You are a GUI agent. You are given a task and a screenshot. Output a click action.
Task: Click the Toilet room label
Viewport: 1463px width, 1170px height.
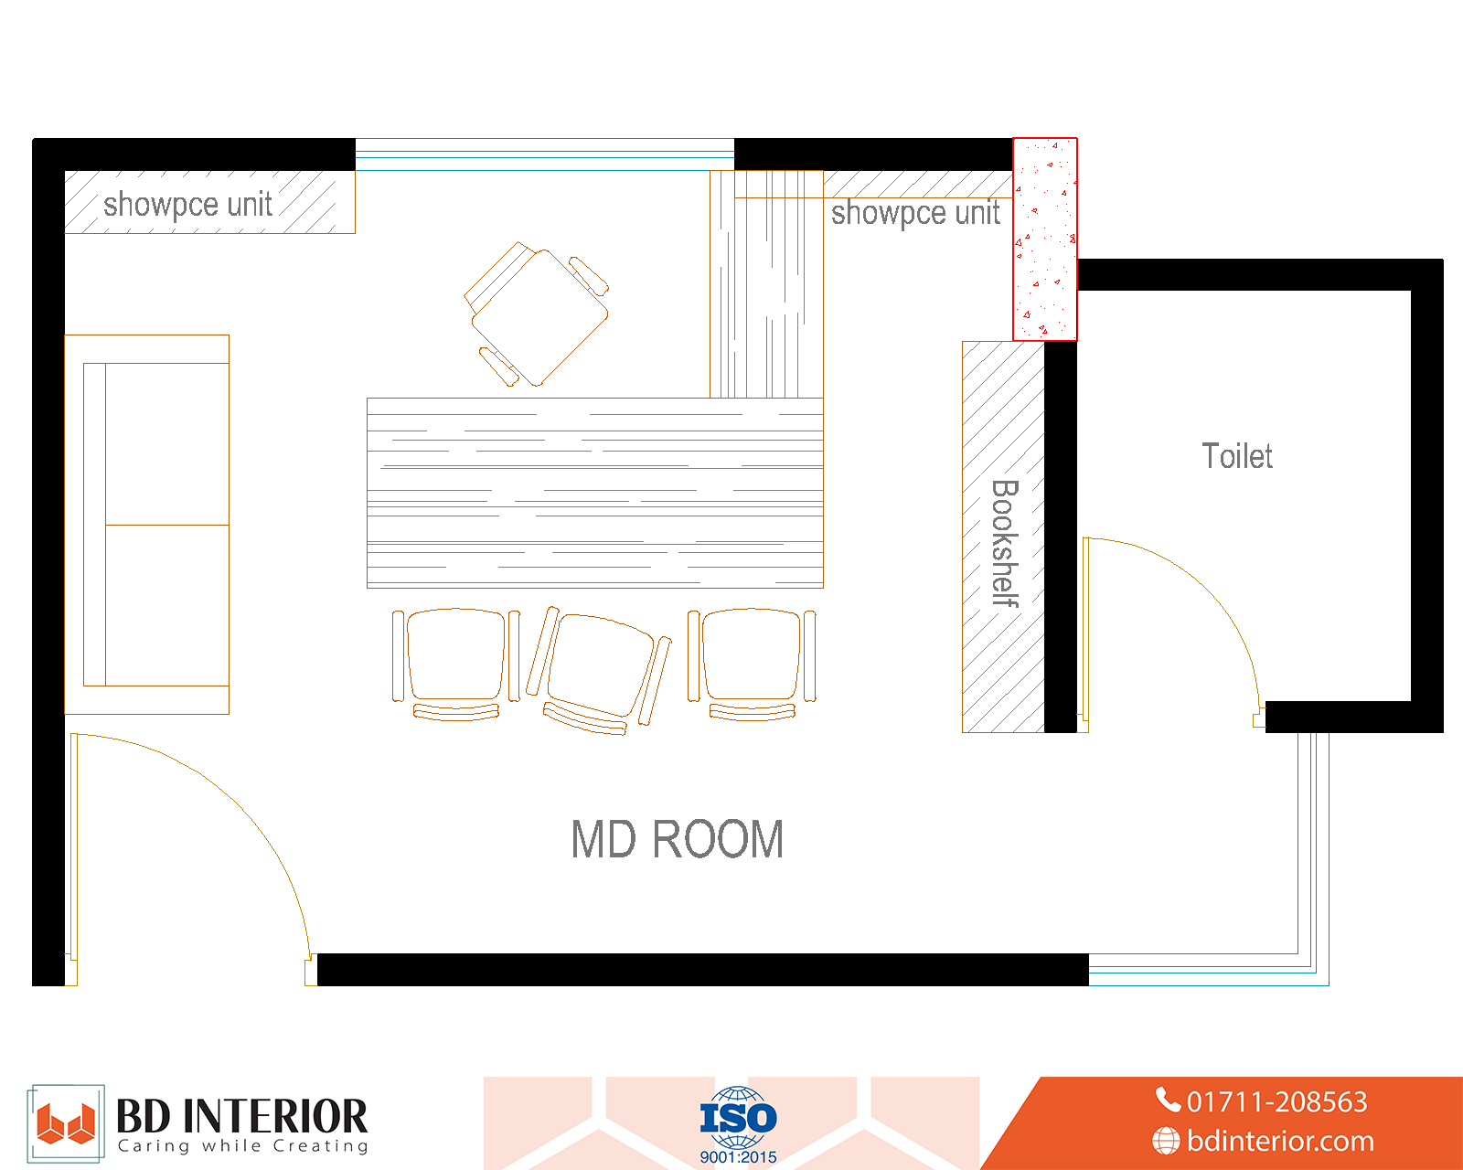click(1237, 455)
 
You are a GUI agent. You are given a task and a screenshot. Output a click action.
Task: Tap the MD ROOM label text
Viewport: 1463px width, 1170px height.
click(678, 839)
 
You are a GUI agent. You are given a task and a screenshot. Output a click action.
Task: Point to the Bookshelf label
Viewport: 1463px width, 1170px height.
click(1005, 543)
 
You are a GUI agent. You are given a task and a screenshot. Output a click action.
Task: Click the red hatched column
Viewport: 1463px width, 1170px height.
click(1045, 239)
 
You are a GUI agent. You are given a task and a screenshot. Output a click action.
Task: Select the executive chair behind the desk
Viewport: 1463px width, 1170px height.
click(537, 314)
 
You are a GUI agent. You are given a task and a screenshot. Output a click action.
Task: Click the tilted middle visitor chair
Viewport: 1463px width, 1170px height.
click(598, 670)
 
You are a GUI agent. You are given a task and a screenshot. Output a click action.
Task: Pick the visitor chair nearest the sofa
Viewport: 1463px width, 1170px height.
click(456, 665)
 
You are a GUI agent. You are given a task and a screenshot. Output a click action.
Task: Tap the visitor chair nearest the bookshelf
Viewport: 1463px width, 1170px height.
click(752, 665)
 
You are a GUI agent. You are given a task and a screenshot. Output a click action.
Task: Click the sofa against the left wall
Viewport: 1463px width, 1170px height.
click(147, 524)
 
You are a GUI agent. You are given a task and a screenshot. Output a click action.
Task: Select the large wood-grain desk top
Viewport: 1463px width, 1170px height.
click(595, 493)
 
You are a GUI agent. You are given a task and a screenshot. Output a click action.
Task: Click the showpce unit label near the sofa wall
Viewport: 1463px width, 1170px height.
click(187, 204)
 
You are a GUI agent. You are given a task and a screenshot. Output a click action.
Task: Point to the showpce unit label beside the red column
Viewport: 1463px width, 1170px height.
click(915, 213)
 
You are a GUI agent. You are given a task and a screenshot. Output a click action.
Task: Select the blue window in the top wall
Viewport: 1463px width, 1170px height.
click(545, 154)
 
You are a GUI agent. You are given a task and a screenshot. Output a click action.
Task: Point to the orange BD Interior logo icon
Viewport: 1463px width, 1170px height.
click(66, 1123)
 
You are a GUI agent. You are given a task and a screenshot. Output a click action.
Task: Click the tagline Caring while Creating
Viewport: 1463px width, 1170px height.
click(243, 1146)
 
